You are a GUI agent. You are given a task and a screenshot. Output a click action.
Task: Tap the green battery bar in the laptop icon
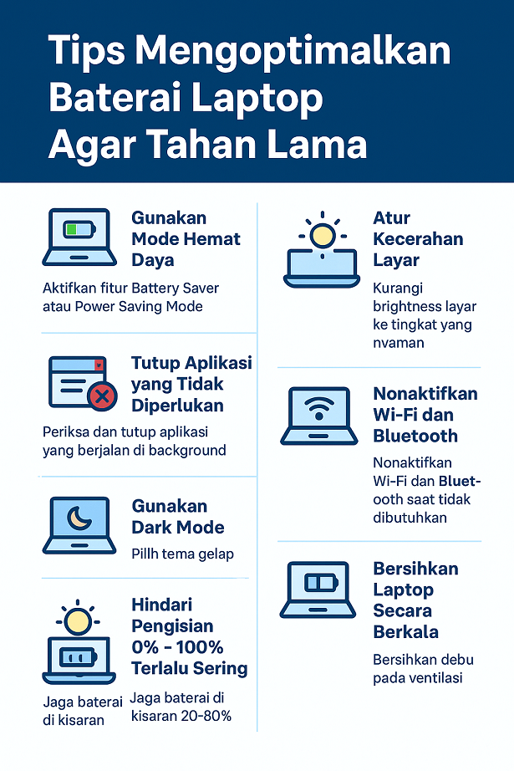[72, 229]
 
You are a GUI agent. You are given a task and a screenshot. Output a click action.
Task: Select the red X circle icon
[102, 396]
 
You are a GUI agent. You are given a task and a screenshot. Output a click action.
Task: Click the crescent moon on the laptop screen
[79, 518]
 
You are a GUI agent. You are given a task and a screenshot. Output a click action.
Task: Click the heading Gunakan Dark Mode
[178, 517]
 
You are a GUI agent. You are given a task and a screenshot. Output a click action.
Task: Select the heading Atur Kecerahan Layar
[418, 239]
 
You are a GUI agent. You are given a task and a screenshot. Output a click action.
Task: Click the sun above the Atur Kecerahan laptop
[322, 235]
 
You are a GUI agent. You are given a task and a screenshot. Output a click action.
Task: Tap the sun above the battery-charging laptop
[79, 620]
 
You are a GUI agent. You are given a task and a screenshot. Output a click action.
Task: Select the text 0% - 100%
[177, 647]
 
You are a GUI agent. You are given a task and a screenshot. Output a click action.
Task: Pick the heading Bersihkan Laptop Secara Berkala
[416, 600]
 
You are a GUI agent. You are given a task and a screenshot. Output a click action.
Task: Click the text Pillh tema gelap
[182, 554]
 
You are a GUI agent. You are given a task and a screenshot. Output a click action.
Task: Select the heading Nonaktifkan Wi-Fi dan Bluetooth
[425, 415]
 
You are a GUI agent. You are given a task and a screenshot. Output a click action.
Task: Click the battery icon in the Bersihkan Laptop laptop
[320, 582]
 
